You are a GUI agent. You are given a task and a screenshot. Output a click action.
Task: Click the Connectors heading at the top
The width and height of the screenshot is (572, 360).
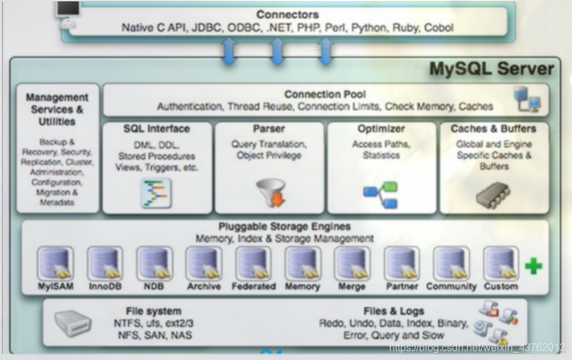pos(287,14)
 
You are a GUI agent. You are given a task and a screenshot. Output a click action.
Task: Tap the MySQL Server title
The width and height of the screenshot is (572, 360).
pos(491,69)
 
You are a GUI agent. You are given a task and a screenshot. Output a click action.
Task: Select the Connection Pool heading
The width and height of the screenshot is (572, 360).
pos(324,95)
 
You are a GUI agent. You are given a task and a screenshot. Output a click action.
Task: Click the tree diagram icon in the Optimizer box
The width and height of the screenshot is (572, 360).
pos(381,195)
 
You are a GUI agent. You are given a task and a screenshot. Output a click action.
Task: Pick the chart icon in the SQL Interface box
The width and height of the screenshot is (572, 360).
pos(156,193)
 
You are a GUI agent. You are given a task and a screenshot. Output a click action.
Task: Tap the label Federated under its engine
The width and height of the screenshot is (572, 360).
pos(253,286)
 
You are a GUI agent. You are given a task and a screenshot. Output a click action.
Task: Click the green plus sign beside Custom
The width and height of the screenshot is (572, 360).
pos(533,266)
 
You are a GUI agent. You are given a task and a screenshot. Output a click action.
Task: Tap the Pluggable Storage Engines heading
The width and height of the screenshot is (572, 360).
pos(284,226)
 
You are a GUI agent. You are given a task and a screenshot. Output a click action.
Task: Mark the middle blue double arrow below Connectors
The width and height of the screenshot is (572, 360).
pos(277,52)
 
